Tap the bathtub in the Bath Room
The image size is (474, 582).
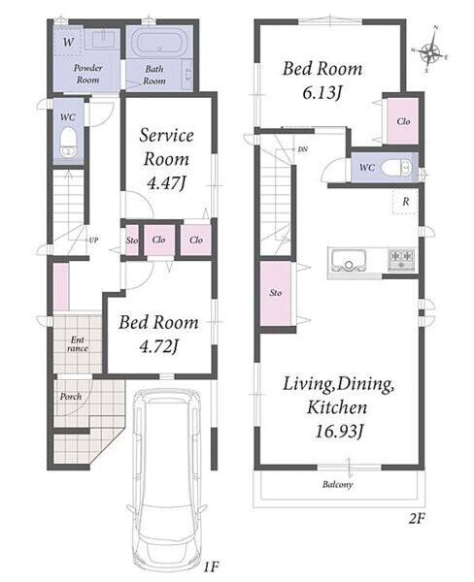click(160, 42)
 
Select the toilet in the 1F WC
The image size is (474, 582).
click(68, 143)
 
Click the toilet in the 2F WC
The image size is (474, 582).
click(396, 168)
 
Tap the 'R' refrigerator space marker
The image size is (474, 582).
click(406, 202)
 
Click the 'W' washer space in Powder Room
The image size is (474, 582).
click(68, 41)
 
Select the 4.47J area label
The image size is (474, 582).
click(166, 183)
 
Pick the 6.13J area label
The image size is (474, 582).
click(322, 92)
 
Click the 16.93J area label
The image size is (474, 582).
click(338, 431)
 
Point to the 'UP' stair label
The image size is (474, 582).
click(93, 241)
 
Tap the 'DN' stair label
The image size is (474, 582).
click(303, 149)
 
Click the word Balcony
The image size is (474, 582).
click(338, 484)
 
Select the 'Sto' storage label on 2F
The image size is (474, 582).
click(276, 293)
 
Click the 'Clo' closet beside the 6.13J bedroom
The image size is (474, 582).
click(403, 121)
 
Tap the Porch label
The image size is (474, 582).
click(71, 397)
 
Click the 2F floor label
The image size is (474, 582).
click(417, 519)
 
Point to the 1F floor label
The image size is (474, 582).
click(211, 566)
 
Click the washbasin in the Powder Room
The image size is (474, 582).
click(101, 39)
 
